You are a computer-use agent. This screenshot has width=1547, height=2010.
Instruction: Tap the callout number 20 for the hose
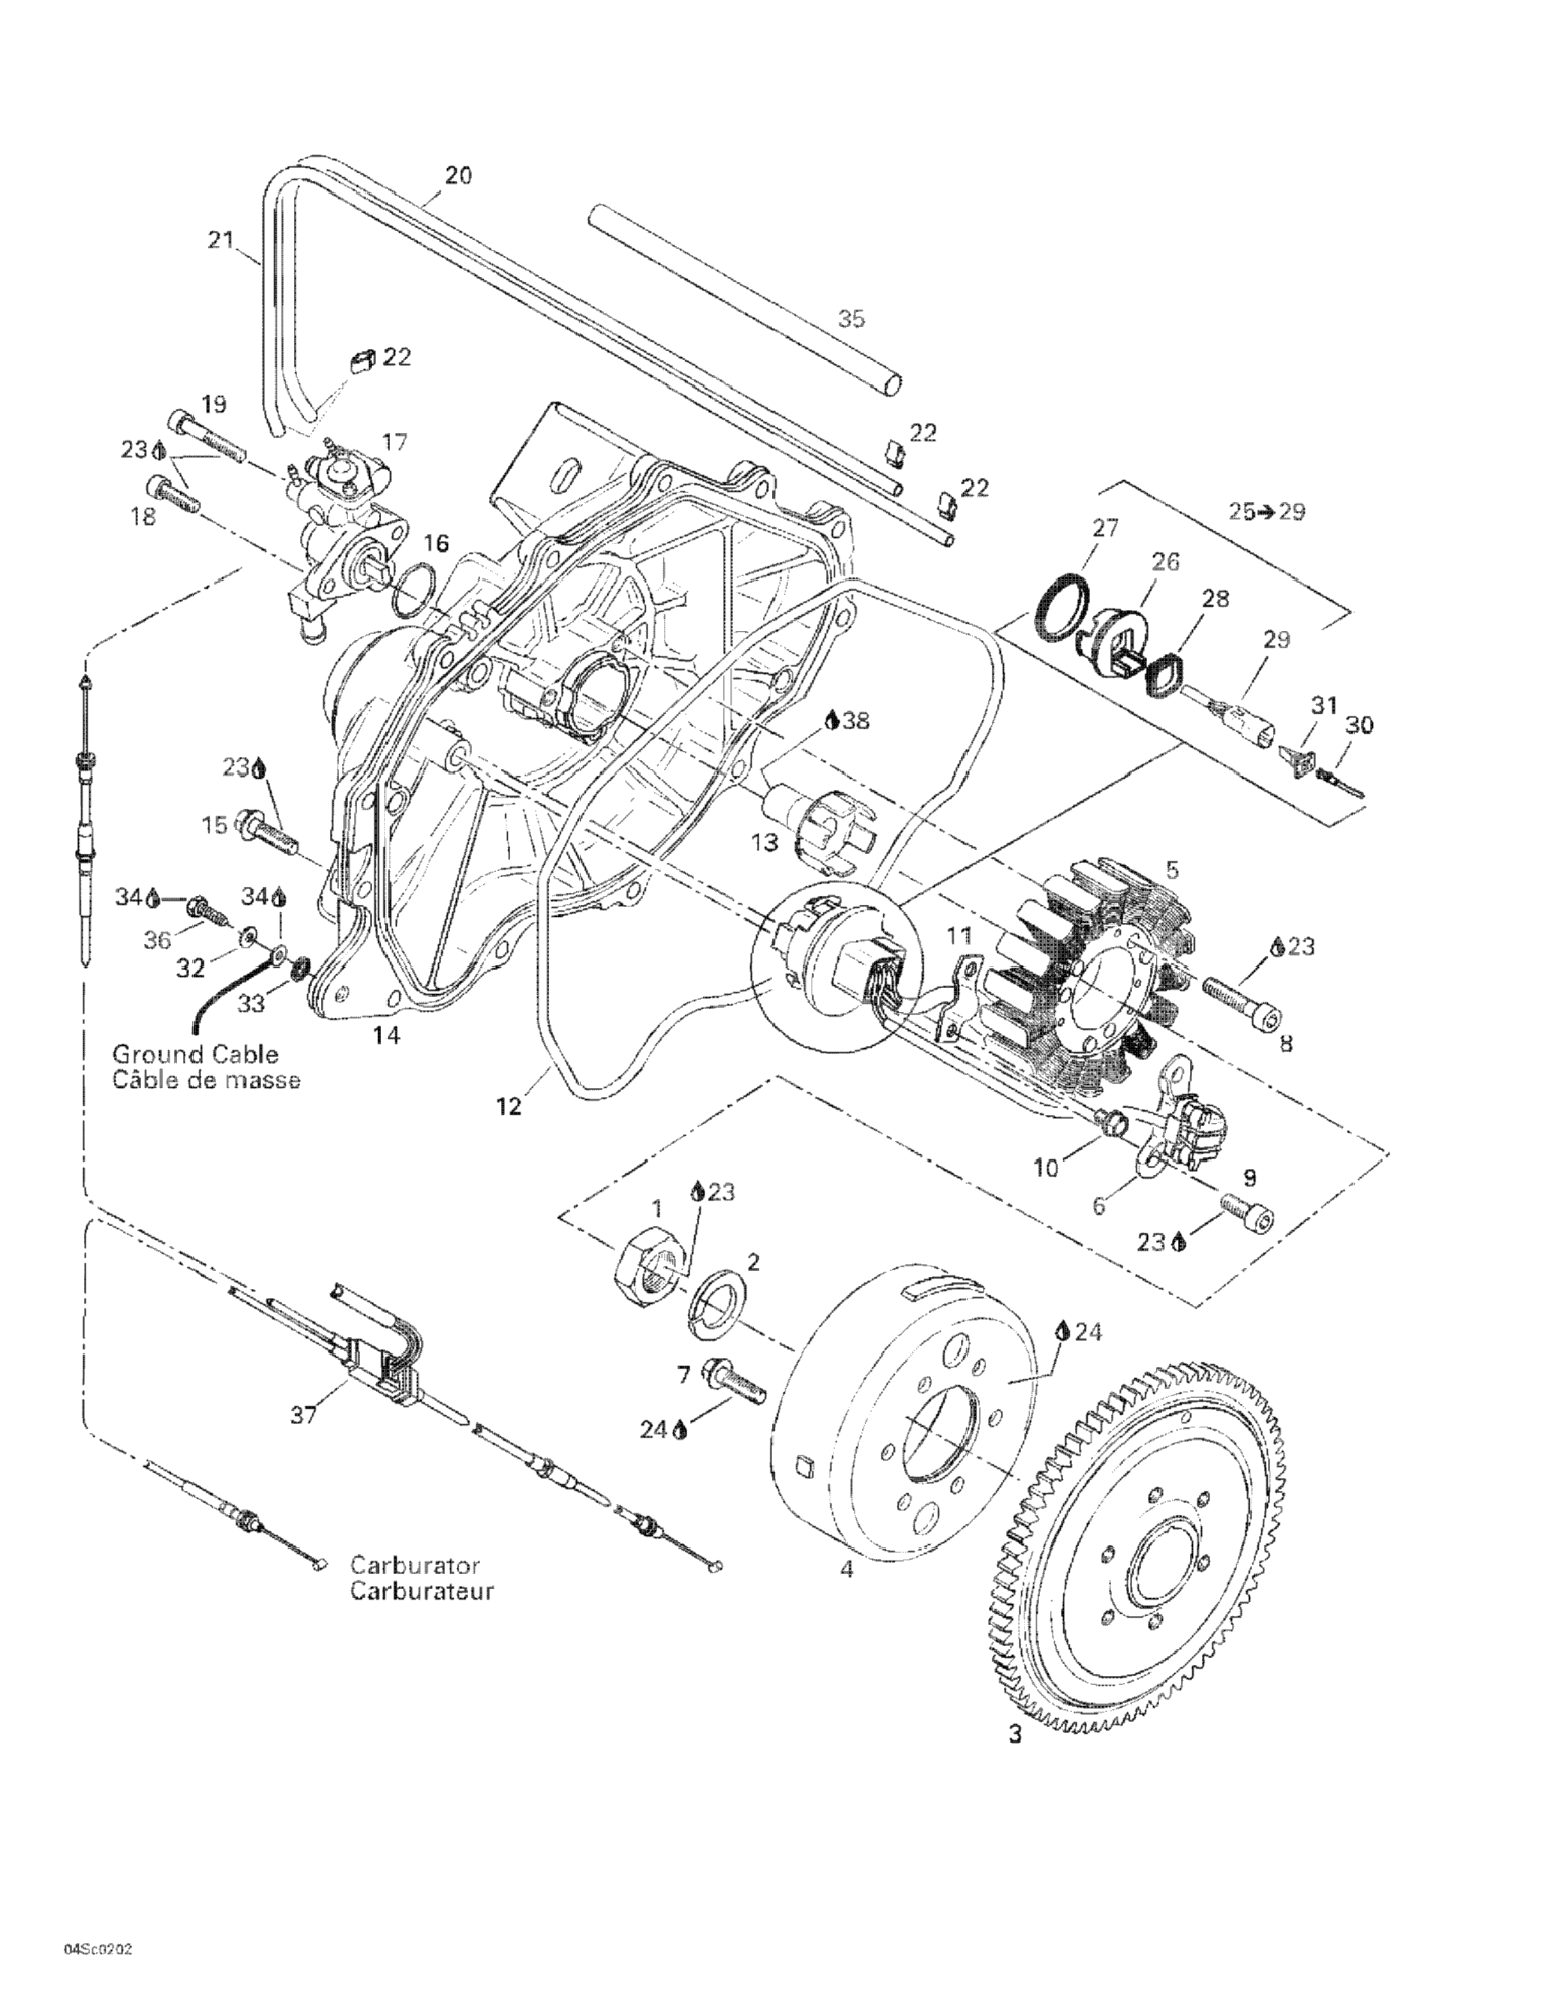pyautogui.click(x=458, y=175)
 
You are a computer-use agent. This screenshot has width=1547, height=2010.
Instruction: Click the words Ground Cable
pyautogui.click(x=195, y=1054)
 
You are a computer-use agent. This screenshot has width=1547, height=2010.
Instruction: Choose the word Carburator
pyautogui.click(x=415, y=1566)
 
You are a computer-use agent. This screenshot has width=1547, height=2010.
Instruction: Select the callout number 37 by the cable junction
pyautogui.click(x=303, y=1414)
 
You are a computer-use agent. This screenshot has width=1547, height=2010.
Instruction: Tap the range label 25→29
pyautogui.click(x=1266, y=511)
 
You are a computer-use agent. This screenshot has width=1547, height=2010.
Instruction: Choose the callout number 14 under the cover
pyautogui.click(x=386, y=1035)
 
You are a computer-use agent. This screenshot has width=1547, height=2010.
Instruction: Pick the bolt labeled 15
pyautogui.click(x=268, y=832)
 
